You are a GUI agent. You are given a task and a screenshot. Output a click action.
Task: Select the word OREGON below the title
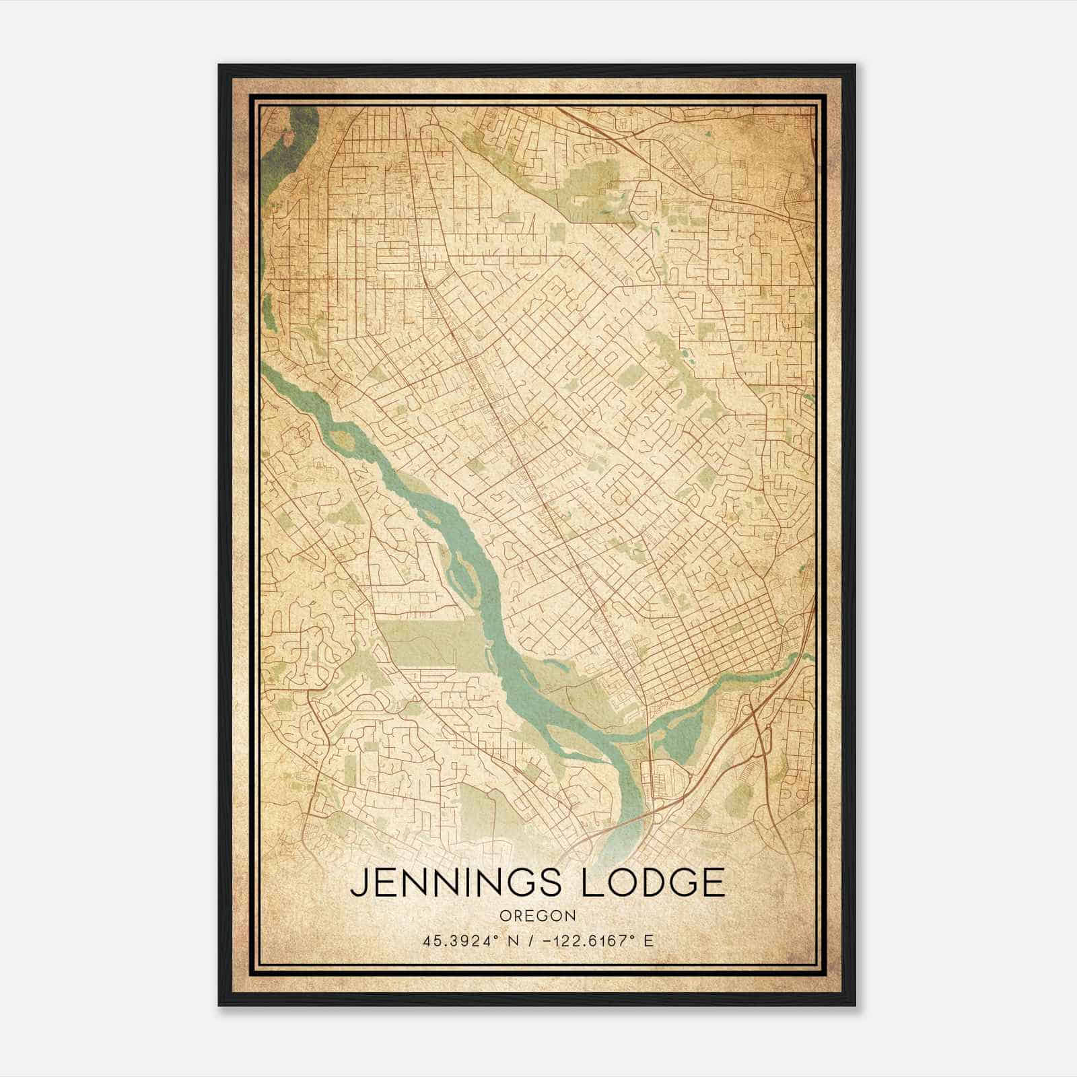(x=537, y=915)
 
